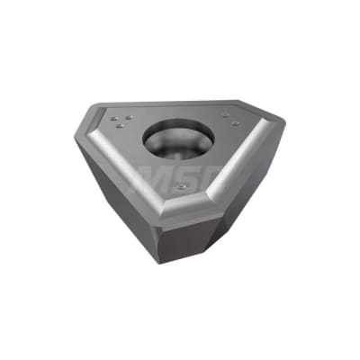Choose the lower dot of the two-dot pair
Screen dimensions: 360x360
(x=235, y=123)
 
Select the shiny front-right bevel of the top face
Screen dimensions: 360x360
(x=238, y=166)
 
